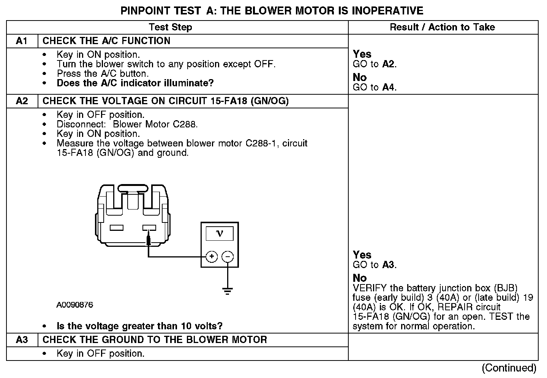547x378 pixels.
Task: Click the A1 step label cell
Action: coord(22,41)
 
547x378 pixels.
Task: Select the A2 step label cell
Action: coord(22,101)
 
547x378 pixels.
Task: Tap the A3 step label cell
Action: coord(22,340)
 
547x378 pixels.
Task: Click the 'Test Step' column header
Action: coord(171,27)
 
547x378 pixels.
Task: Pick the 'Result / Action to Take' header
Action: coord(443,27)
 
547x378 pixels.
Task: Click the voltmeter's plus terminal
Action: coord(212,257)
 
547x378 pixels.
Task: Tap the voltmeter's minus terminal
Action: coord(228,257)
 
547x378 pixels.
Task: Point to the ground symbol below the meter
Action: coord(228,292)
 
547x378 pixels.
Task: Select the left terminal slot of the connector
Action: coord(117,228)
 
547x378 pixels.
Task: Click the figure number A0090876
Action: coord(75,305)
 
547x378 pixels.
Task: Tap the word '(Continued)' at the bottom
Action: coord(509,368)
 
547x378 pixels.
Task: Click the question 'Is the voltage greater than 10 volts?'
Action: coord(139,326)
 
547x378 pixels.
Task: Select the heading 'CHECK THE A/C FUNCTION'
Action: coord(106,41)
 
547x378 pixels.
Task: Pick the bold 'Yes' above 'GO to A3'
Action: coord(362,255)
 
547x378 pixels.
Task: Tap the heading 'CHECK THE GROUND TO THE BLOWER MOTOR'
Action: coord(155,340)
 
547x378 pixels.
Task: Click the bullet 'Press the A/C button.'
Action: coord(103,74)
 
